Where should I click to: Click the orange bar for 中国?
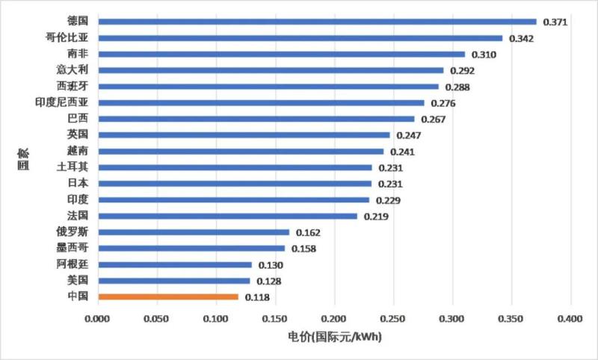pyautogui.click(x=168, y=297)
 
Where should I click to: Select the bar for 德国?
pyautogui.click(x=317, y=22)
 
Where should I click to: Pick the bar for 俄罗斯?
pyautogui.click(x=194, y=232)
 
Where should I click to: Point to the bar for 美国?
pyautogui.click(x=174, y=281)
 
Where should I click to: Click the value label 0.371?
pyautogui.click(x=555, y=22)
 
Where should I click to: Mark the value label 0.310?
pyautogui.click(x=483, y=55)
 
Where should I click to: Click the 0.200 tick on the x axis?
pyautogui.click(x=334, y=319)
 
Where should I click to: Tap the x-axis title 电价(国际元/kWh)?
pyautogui.click(x=335, y=338)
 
